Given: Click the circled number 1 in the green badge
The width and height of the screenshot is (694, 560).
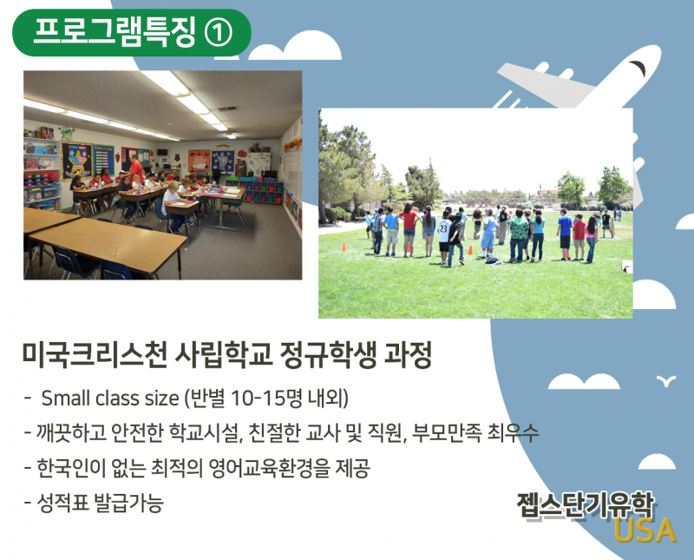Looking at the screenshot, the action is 218,33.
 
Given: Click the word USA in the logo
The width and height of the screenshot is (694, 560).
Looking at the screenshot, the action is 645,530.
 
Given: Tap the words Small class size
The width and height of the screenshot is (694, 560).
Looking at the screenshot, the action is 110,399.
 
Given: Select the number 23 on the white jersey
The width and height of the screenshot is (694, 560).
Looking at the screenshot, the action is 443,228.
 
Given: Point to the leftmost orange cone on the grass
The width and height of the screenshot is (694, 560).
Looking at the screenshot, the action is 344,247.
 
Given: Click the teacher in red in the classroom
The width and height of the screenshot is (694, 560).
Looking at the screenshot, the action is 135,168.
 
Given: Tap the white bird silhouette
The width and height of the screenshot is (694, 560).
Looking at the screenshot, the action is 666,380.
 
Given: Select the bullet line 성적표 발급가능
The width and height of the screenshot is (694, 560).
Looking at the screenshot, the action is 95,503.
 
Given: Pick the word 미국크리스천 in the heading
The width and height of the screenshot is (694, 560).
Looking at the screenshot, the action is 95,355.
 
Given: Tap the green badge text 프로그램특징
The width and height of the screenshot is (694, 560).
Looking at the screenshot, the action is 115,33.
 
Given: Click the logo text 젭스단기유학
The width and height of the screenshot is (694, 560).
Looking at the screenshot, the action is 584,505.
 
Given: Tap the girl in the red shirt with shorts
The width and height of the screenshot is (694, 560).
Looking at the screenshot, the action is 409,229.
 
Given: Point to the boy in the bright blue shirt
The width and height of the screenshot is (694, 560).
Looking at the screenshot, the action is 565,234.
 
